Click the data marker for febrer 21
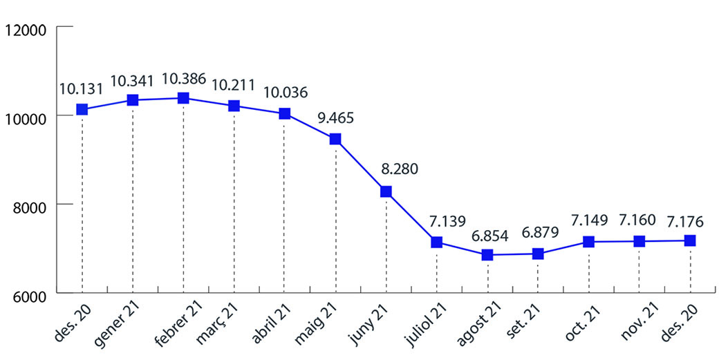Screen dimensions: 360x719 [183, 98]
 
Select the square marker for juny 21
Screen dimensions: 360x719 [386, 191]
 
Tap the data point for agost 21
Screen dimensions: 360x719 [487, 255]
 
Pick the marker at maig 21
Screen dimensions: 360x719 [335, 139]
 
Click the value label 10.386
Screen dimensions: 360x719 [183, 79]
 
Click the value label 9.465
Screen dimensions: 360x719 [335, 117]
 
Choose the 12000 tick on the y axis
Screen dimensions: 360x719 [24, 29]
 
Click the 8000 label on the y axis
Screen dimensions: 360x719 [28, 205]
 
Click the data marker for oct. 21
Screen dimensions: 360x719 [588, 241]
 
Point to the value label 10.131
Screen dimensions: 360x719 [82, 89]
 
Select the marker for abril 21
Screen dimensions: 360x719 [284, 113]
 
